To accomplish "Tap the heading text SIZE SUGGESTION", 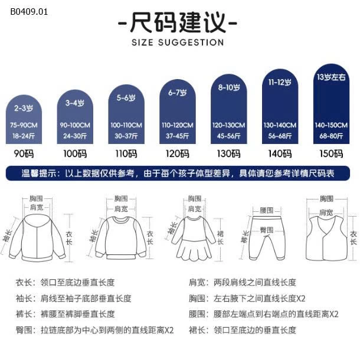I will pos(178,42).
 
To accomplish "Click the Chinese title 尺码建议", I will pos(178,24).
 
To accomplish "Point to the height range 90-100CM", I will pos(74,125).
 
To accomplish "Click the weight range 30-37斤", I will pos(126,135).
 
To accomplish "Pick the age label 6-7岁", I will pos(177,93).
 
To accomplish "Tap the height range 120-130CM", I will pos(228,125).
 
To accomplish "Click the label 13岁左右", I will pos(330,77).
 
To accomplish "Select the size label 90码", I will pos(24,154).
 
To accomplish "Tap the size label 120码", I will pos(177,154).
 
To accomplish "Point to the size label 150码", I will pos(330,154).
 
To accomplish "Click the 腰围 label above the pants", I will pos(267,210).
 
